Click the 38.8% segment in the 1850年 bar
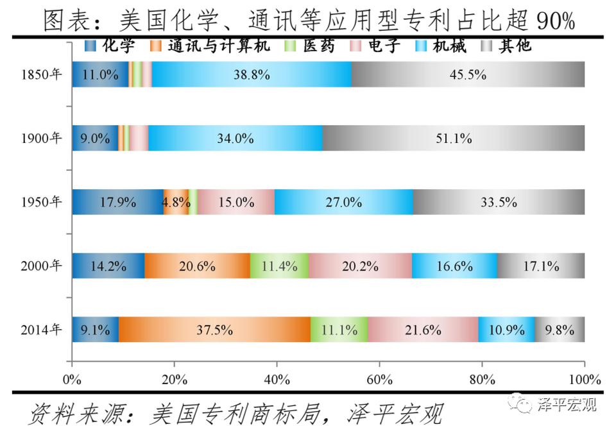(252, 74)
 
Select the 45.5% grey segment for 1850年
(468, 74)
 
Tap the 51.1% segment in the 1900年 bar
(453, 138)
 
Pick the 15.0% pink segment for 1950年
(235, 202)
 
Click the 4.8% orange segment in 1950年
(176, 202)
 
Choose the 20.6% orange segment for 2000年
(197, 266)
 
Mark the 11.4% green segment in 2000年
(279, 266)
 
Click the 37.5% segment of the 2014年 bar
(214, 330)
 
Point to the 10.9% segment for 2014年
(506, 330)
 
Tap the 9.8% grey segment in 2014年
(560, 330)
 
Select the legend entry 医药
(312, 46)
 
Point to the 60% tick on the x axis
(379, 378)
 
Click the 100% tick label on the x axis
(584, 378)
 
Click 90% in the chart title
(554, 21)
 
